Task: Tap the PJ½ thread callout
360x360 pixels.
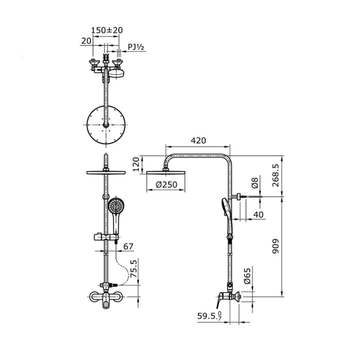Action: click(136, 47)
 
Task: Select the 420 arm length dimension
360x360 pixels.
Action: click(197, 141)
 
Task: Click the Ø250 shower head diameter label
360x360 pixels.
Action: click(166, 185)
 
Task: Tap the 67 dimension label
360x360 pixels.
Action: click(128, 246)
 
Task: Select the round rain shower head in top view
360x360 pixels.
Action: click(105, 124)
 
